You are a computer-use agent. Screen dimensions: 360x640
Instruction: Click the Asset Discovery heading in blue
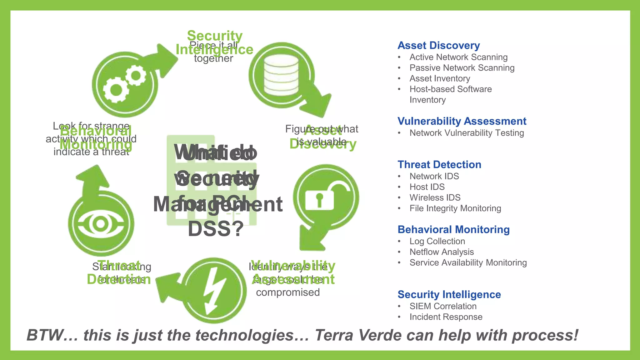pos(438,46)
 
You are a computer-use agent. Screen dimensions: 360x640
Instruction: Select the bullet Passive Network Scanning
pos(462,68)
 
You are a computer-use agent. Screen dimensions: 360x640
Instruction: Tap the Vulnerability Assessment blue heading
pos(462,121)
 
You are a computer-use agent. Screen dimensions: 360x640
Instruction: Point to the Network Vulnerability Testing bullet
pos(467,133)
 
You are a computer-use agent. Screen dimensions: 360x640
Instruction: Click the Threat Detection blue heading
pos(439,165)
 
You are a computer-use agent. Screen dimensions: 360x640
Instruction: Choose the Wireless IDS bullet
pos(435,197)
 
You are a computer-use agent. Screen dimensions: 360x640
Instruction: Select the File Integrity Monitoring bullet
pos(455,208)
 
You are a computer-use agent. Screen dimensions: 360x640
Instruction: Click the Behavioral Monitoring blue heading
pos(453,230)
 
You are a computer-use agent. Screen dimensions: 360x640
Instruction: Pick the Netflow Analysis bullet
pos(442,252)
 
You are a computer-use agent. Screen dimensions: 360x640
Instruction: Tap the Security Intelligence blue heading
pos(449,295)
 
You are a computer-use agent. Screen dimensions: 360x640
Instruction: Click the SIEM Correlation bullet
pos(443,306)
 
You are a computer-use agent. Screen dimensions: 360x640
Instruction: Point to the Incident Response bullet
pos(446,317)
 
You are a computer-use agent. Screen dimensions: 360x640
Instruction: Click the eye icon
pos(101,224)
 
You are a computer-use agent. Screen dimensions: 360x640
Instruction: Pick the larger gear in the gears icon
pos(116,90)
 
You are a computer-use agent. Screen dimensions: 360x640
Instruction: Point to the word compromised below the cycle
pos(288,292)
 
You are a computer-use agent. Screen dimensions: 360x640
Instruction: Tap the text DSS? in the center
pos(216,229)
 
